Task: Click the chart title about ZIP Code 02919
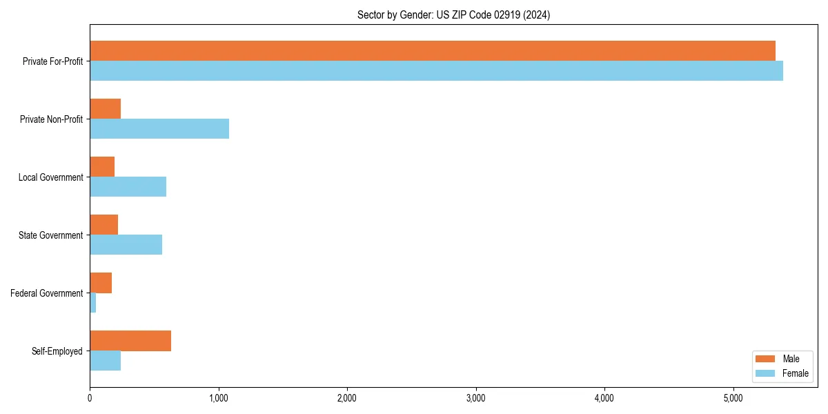point(453,14)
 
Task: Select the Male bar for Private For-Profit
point(433,51)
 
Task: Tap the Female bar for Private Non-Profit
point(159,128)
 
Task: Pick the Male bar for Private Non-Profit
point(105,109)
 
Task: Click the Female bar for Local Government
point(128,186)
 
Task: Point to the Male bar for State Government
point(103,225)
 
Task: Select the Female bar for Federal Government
point(93,302)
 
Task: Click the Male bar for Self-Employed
point(130,341)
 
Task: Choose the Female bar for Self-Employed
point(105,360)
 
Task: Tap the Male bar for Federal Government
point(101,283)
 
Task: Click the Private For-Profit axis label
point(52,61)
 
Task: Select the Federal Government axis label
point(47,293)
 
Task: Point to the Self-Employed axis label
point(57,351)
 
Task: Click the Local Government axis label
point(50,177)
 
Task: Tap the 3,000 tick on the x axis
point(475,398)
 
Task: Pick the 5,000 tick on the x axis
point(733,398)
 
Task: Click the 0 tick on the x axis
point(90,398)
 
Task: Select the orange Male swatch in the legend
point(765,359)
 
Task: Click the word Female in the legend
point(796,373)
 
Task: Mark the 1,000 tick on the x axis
point(218,398)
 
